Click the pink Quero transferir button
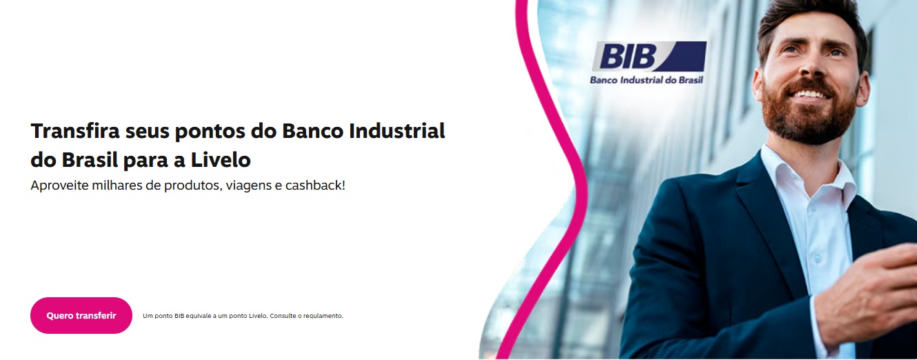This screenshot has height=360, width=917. pyautogui.click(x=81, y=315)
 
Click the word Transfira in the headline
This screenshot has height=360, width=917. pyautogui.click(x=75, y=131)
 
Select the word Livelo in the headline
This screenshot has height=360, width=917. pyautogui.click(x=221, y=160)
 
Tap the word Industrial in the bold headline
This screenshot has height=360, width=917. pyautogui.click(x=396, y=131)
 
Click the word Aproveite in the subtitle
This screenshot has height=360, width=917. pyautogui.click(x=59, y=185)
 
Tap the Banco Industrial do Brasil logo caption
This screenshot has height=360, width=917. pyautogui.click(x=647, y=80)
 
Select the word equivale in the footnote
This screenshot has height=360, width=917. pyautogui.click(x=199, y=316)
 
